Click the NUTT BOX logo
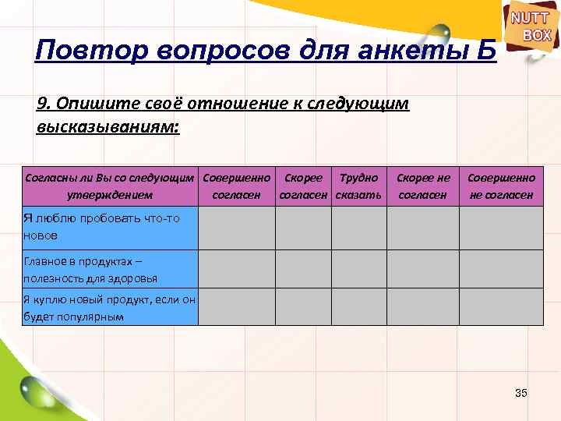tap(531, 27)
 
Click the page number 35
tap(521, 392)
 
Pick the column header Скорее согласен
tap(304, 186)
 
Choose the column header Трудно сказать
tap(359, 186)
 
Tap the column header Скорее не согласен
tap(423, 186)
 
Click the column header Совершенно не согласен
tap(501, 186)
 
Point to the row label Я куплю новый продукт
tap(109, 307)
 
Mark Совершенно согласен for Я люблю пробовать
tap(237, 227)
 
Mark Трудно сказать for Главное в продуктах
tap(359, 269)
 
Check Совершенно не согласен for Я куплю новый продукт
tap(501, 306)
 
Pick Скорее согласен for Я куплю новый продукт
tap(304, 306)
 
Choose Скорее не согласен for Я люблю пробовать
tap(423, 227)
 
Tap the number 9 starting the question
tap(42, 104)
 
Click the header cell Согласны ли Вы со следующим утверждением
tap(110, 186)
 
